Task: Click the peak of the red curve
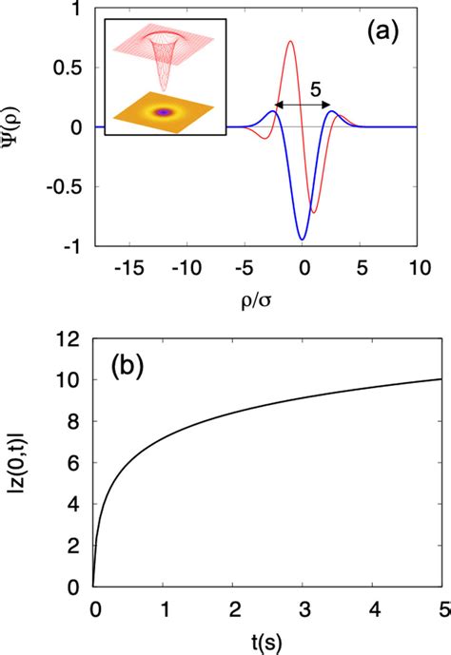pos(290,41)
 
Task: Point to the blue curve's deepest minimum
pos(303,239)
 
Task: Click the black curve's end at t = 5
pos(416,379)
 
